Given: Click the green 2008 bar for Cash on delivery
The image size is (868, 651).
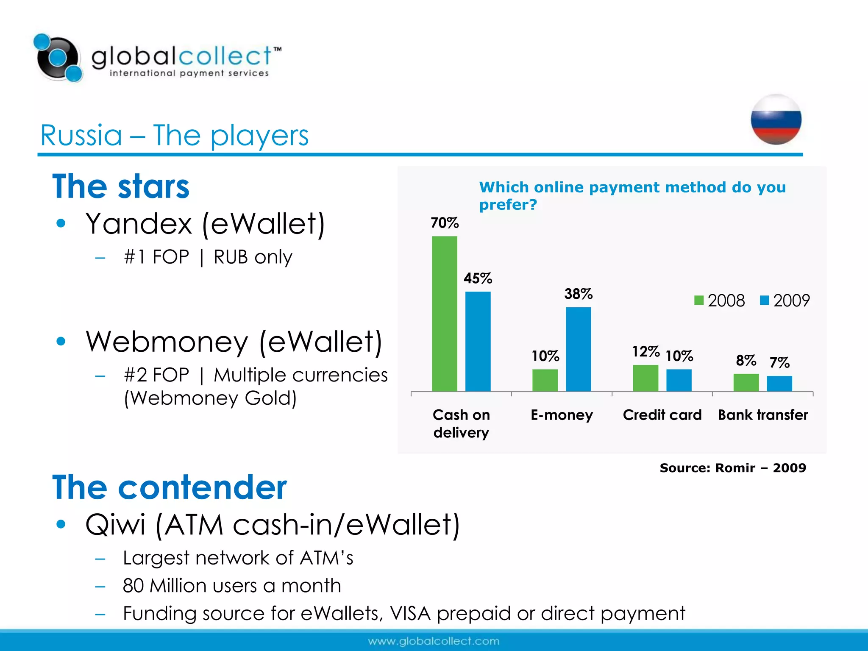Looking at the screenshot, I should point(444,314).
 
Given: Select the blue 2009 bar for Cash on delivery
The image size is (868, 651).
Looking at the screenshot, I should point(478,341).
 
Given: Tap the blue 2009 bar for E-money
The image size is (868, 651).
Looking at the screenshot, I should point(578,349).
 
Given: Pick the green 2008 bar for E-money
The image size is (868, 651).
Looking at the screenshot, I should point(545,380).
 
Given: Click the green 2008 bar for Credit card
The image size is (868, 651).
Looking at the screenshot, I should point(645,378).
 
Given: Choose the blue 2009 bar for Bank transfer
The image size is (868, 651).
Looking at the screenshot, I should point(779,383).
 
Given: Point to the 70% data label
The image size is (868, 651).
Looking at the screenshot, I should point(445,223).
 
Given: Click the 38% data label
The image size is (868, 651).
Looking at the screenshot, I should point(578,294).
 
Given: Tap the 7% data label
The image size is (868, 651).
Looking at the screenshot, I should point(779,362).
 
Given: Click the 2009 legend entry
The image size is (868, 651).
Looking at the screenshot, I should point(785,300).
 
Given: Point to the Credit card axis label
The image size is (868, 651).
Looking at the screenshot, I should point(662,415).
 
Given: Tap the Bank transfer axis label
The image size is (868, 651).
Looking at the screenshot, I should point(763,415).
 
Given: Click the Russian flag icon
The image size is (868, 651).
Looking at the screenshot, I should point(776,120).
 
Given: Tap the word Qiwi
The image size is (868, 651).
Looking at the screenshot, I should point(115,525).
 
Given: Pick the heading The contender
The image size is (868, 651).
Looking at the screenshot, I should point(170,487).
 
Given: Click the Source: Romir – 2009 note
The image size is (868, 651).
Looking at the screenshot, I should point(733,468).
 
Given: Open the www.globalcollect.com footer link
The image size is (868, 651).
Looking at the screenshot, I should point(434,641).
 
